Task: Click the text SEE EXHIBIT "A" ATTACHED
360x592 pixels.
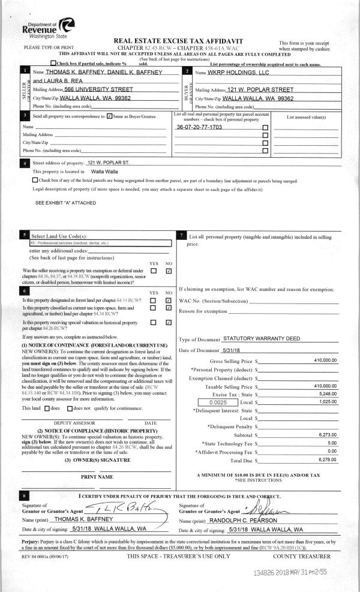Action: click(x=65, y=203)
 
